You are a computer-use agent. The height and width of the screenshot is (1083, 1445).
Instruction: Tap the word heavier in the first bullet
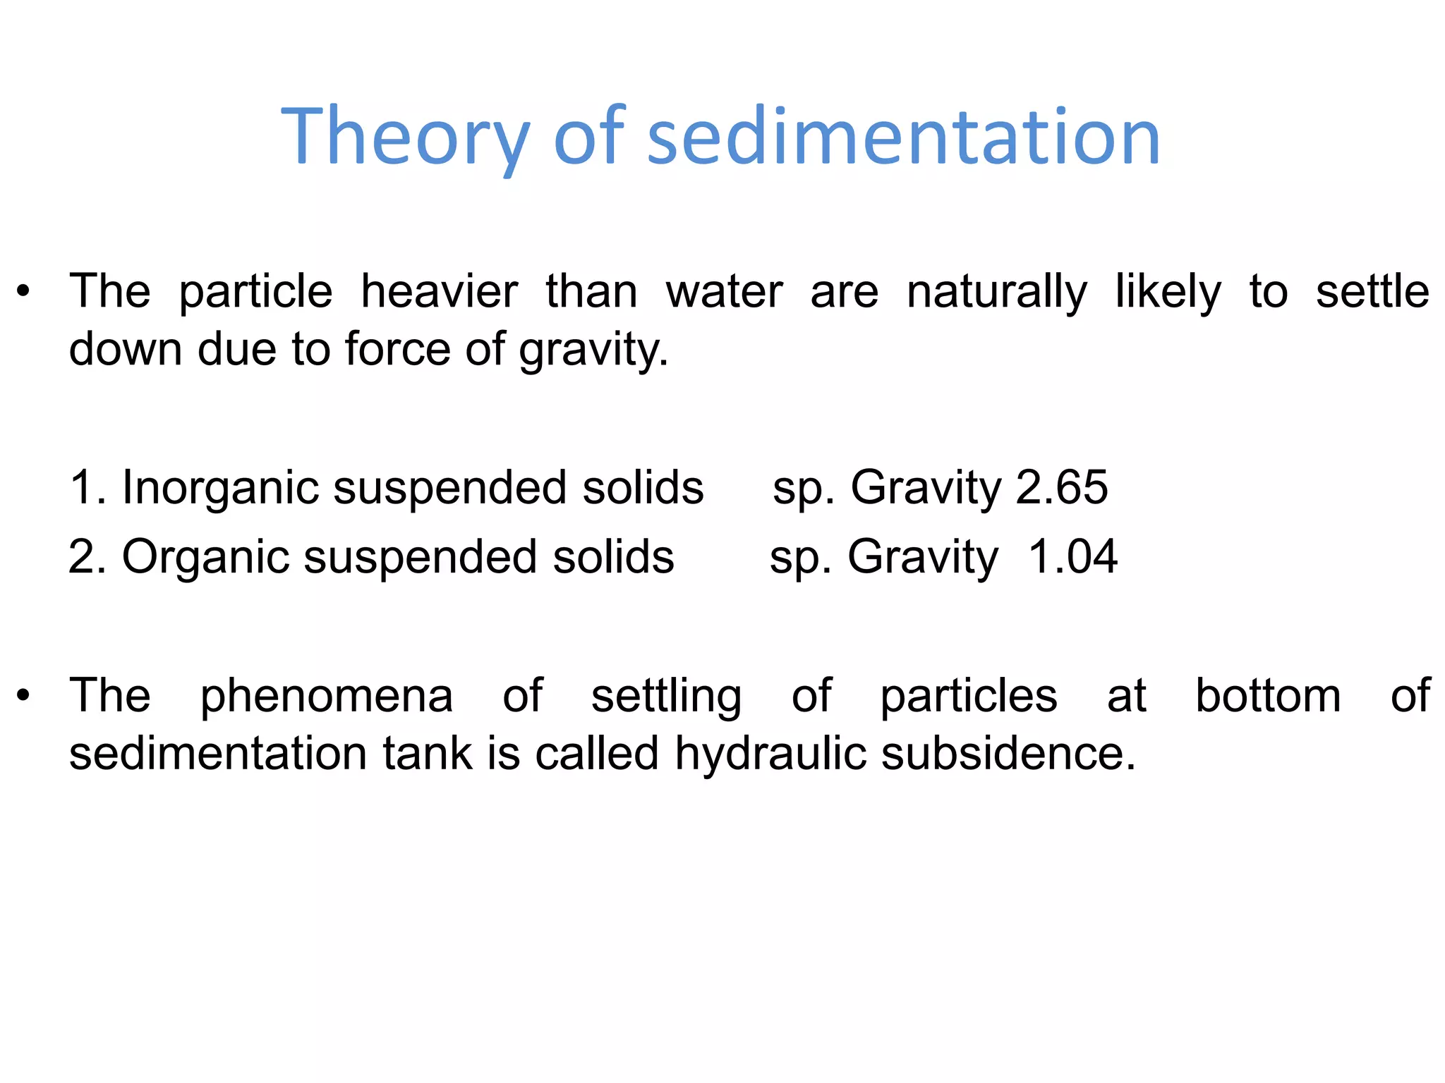[x=439, y=292]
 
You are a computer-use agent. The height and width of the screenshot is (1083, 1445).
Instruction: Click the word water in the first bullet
[x=724, y=292]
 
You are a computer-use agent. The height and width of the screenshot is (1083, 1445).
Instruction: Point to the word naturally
[x=996, y=293]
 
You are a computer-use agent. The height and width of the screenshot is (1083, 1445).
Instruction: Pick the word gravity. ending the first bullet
[x=593, y=350]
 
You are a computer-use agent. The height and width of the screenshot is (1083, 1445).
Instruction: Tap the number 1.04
[x=1072, y=557]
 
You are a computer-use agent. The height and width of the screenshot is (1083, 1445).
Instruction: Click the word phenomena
[x=326, y=697]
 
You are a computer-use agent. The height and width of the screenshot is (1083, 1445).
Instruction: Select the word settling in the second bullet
[x=666, y=697]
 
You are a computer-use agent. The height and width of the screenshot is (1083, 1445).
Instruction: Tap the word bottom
[x=1268, y=696]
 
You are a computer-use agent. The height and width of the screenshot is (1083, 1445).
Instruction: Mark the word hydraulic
[x=770, y=754]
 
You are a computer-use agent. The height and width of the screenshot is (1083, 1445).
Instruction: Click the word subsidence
[x=1008, y=754]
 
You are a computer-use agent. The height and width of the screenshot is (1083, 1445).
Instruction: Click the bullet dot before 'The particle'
[x=24, y=292]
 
